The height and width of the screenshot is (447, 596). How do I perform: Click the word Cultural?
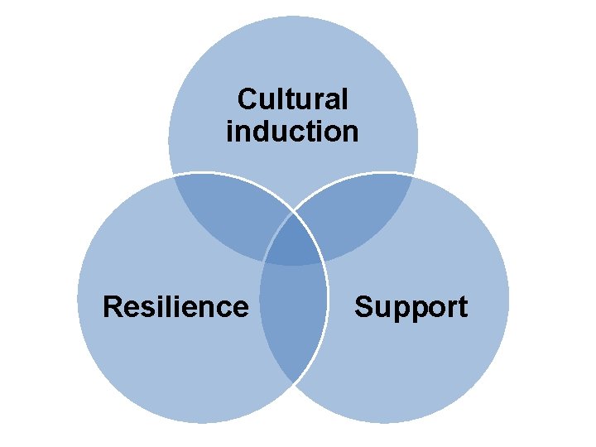pos(292,100)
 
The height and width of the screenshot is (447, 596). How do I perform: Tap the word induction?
pos(292,131)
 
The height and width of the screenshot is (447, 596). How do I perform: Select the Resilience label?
pos(175,307)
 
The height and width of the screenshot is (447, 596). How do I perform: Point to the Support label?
pos(411,307)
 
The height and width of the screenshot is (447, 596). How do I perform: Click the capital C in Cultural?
pos(246,100)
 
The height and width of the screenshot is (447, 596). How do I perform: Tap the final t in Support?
pos(462,307)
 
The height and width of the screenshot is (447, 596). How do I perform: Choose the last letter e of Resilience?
pos(240,307)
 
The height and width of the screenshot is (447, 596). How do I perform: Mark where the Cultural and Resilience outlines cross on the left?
pos(175,177)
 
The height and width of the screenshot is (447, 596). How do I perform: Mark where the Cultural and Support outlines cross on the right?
pos(411,176)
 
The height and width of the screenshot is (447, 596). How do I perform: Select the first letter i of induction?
pos(230,131)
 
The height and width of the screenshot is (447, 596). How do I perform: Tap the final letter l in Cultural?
pos(344,100)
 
